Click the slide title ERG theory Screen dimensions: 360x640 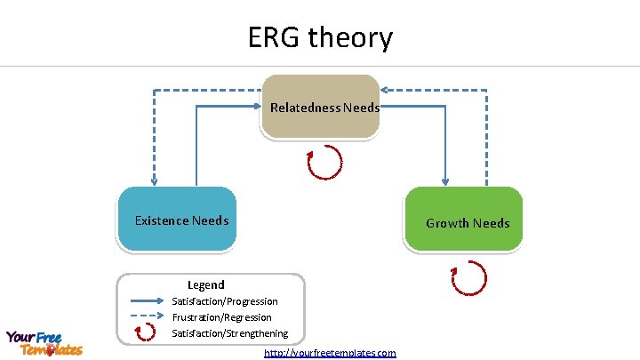(320, 38)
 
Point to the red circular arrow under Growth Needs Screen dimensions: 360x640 (469, 278)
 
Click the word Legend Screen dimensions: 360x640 (205, 285)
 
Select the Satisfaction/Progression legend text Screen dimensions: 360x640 (224, 301)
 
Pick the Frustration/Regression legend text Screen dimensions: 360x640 (221, 317)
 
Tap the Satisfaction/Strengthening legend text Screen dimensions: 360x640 (229, 333)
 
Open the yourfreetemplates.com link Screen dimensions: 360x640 (330, 353)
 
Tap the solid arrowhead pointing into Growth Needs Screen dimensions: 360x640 (444, 180)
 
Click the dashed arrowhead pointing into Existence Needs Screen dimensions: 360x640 (154, 180)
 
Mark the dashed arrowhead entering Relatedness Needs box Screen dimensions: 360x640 (387, 90)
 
